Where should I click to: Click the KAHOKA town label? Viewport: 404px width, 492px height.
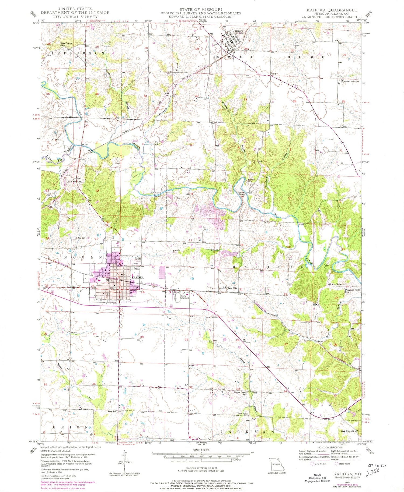click(137, 277)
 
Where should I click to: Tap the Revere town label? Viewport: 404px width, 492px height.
click(239, 31)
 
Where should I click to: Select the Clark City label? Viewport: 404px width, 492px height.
click(232, 288)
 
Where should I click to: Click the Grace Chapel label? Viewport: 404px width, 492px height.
click(335, 284)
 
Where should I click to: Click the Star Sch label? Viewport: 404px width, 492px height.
click(112, 412)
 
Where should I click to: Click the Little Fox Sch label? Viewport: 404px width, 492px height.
click(74, 182)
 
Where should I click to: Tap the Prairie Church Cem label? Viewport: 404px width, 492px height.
click(351, 81)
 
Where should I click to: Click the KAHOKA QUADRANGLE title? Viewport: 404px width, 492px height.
click(332, 10)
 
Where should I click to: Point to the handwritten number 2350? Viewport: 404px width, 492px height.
click(372, 471)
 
